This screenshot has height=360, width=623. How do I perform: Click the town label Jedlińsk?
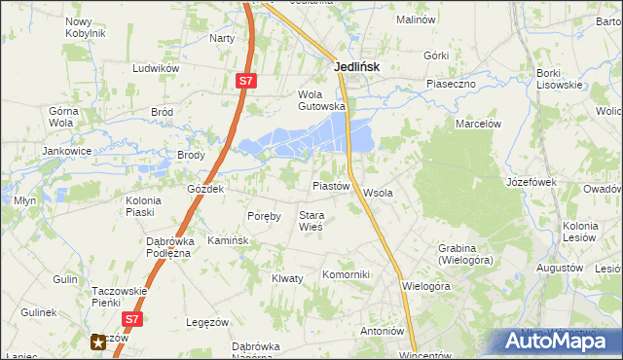tap(356, 67)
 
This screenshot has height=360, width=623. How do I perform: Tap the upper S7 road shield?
tap(246, 83)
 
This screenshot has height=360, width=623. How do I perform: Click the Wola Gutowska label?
tap(321, 100)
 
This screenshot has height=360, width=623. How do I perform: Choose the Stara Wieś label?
tap(311, 221)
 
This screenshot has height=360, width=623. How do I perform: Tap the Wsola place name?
tap(378, 193)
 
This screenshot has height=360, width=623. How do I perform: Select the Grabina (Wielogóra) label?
tap(466, 254)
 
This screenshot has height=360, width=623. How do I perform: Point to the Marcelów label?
tap(478, 124)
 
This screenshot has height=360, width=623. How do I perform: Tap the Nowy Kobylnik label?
tap(85, 26)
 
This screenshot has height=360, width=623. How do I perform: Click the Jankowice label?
tap(66, 152)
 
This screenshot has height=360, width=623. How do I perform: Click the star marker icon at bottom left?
tap(98, 341)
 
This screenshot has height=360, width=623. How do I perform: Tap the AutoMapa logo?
tap(556, 342)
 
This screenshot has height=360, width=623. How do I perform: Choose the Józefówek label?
tap(531, 182)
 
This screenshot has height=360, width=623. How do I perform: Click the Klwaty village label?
tap(287, 278)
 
